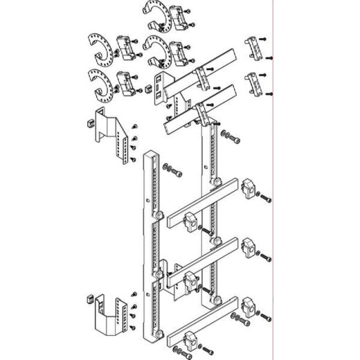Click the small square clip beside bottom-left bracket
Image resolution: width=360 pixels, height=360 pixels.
point(88,299)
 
